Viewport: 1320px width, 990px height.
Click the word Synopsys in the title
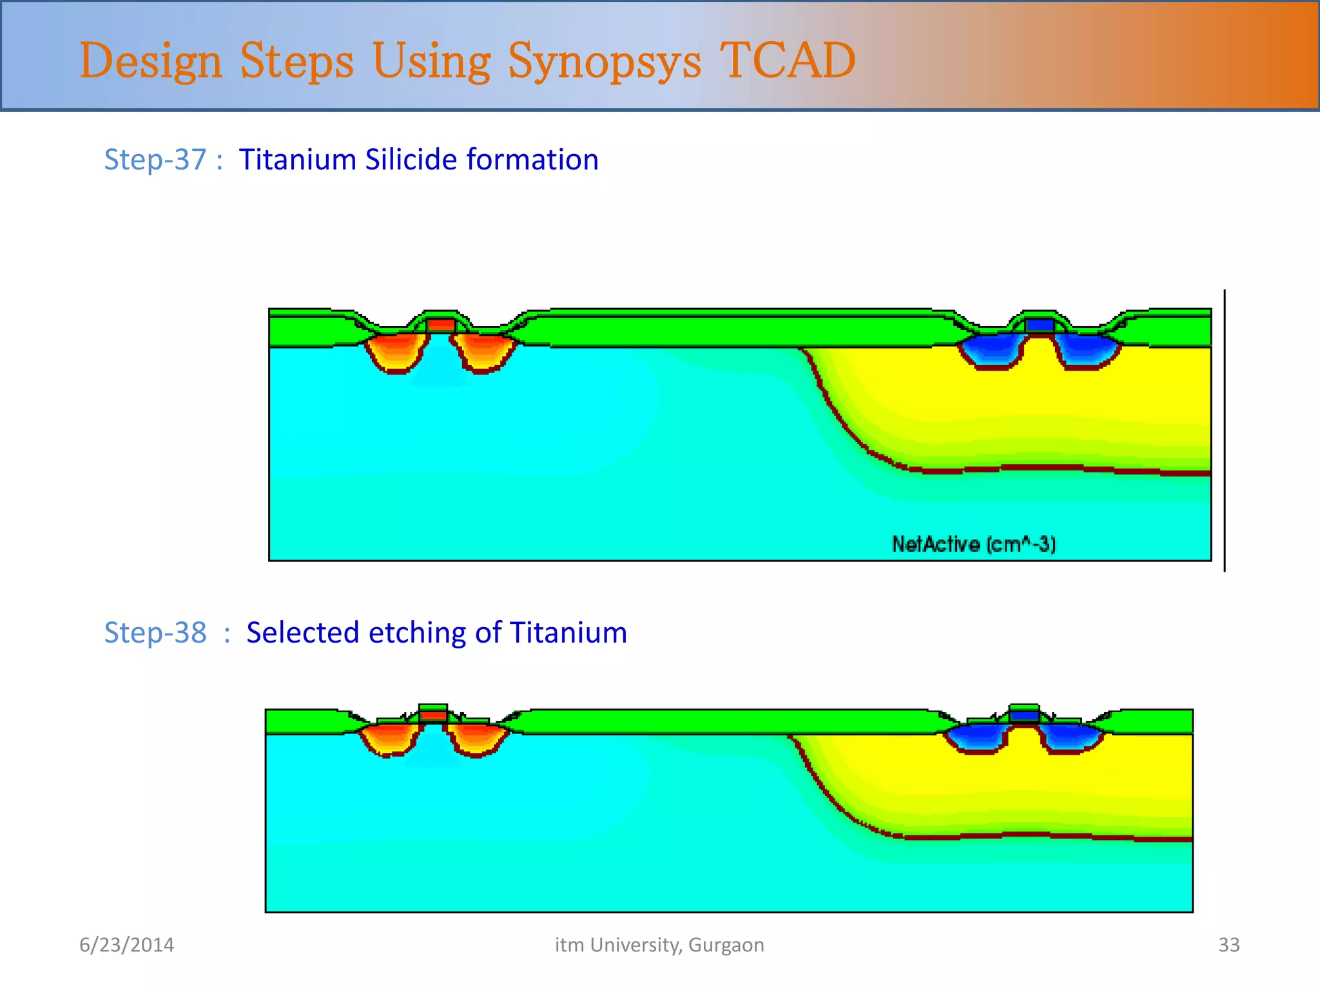point(604,62)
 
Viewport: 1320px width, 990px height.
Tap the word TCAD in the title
point(787,61)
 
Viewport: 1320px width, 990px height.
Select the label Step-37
point(155,160)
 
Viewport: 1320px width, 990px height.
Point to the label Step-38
point(155,632)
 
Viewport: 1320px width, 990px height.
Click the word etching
point(418,633)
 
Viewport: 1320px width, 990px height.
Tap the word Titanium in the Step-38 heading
point(568,632)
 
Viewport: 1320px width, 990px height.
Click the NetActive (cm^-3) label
point(973,545)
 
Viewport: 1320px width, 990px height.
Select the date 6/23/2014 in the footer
point(127,945)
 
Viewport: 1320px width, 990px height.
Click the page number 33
point(1228,945)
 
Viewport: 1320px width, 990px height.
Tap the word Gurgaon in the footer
point(726,945)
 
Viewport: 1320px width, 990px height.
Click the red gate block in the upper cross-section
point(442,325)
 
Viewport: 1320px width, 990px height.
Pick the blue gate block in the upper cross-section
point(1039,325)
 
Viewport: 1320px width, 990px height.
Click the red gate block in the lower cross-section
point(433,715)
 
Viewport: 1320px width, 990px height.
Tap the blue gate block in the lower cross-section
point(1024,715)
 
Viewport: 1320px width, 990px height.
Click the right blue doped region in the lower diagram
point(1071,737)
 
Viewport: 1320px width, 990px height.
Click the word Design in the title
point(151,62)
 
